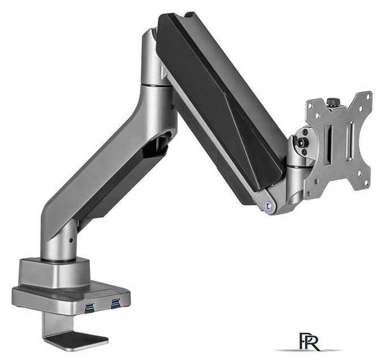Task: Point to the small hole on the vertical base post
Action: pos(70,240)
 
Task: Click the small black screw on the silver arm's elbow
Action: pos(172,105)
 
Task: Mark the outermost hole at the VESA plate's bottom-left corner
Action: pos(310,193)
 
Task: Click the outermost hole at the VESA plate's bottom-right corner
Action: pos(366,183)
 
